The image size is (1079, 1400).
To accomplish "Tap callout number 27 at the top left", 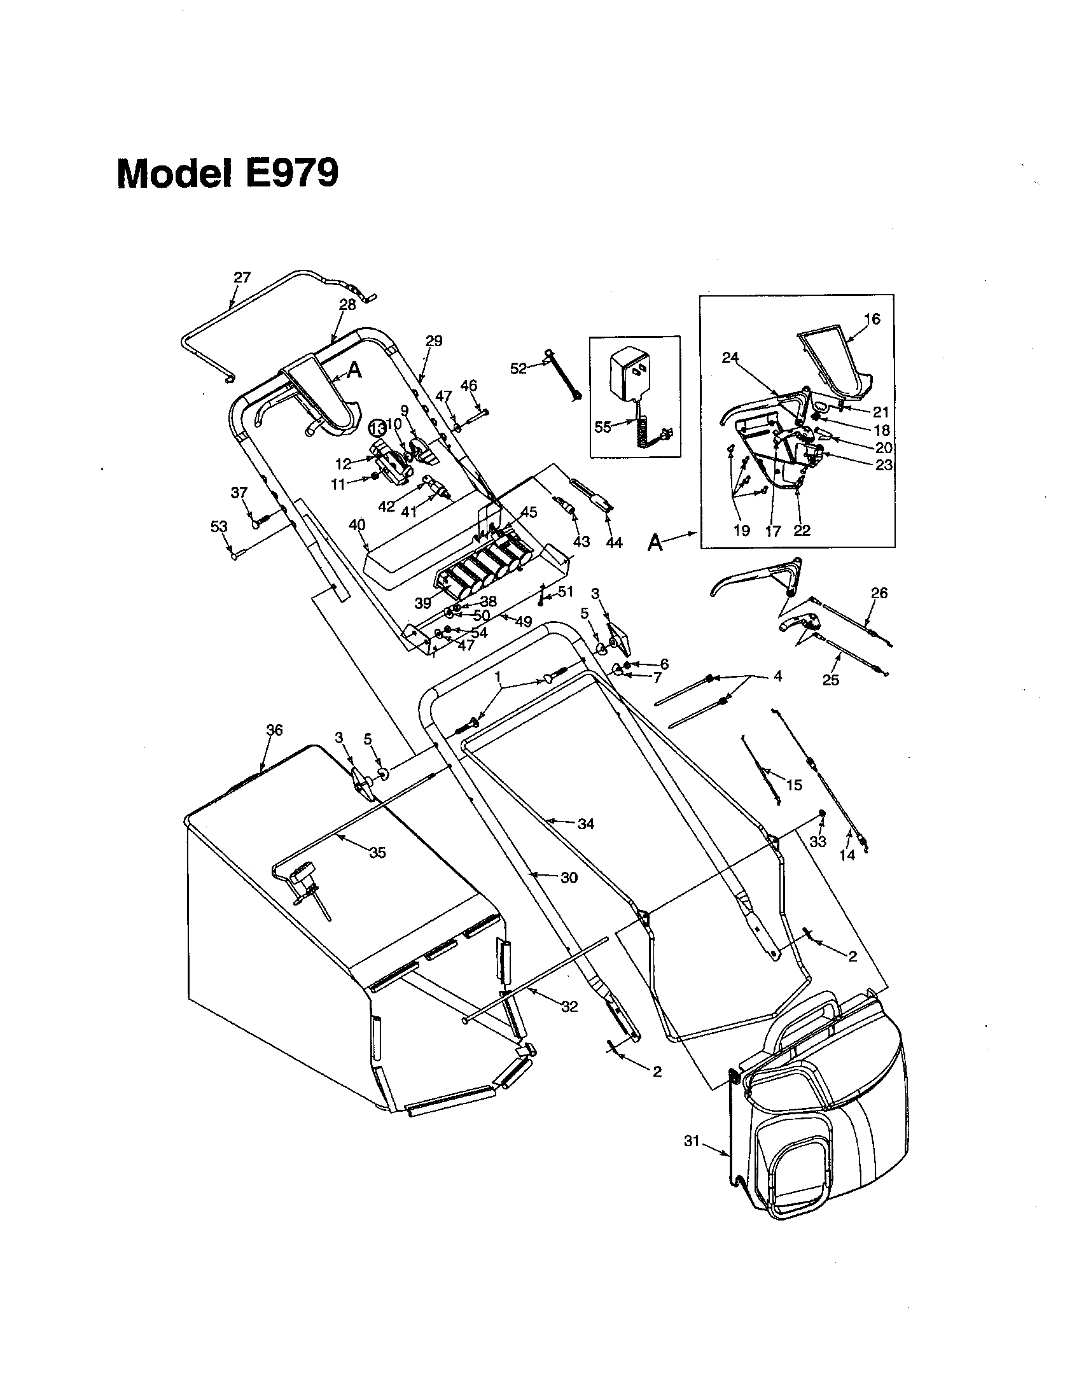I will pos(242,277).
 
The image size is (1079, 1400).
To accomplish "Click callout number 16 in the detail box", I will pos(872,319).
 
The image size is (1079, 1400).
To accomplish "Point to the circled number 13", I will pos(378,427).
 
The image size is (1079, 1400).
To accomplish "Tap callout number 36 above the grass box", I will pos(274,730).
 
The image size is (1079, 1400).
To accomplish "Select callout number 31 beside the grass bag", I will pos(691,1142).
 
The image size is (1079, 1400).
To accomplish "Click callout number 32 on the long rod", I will pos(569,1007).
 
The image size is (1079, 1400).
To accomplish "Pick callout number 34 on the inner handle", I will pos(586,824).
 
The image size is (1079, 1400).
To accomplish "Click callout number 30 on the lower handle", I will pos(569,878).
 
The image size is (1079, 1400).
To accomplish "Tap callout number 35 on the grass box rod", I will pos(378,853).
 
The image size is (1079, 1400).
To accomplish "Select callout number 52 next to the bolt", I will pos(519,368).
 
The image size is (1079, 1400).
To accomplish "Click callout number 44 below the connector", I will pos(613,542).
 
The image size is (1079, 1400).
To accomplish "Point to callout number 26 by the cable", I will pos(880,593).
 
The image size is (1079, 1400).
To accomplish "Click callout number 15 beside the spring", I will pos(794,785).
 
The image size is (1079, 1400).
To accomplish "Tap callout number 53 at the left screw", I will pos(219,526).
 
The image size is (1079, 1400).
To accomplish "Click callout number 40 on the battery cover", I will pos(357,525).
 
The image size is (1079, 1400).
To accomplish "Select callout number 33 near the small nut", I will pos(818,841).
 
